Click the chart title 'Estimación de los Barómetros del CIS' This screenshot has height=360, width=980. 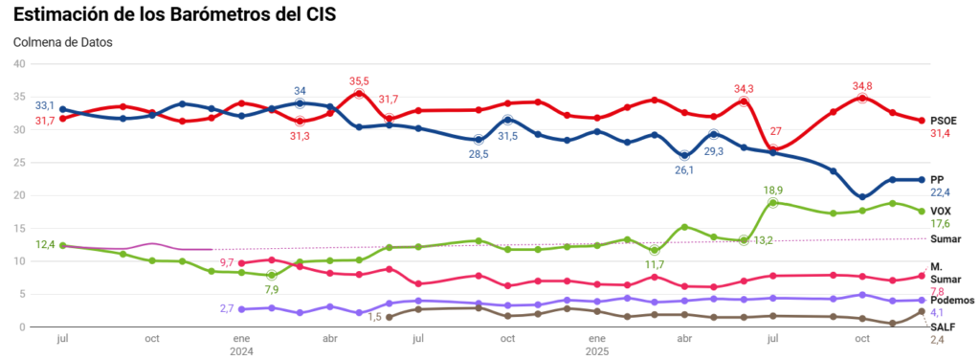[x=174, y=16]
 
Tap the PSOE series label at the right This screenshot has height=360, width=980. [x=945, y=121]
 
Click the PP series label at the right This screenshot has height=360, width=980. [x=938, y=179]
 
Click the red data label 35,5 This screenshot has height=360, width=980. [x=359, y=81]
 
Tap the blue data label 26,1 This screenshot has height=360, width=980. [x=684, y=169]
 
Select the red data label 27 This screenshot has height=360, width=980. [x=776, y=131]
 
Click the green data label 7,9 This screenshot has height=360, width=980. [x=271, y=289]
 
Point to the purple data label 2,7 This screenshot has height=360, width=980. [x=227, y=308]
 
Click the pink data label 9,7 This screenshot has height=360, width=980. [x=227, y=261]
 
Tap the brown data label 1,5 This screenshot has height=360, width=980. [x=375, y=317]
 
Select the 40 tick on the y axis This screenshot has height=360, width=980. [x=17, y=63]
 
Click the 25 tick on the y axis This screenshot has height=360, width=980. [x=17, y=163]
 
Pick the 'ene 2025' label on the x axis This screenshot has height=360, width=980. [x=596, y=345]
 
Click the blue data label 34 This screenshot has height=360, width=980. [x=300, y=91]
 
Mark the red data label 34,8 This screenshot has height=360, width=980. [x=862, y=86]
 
